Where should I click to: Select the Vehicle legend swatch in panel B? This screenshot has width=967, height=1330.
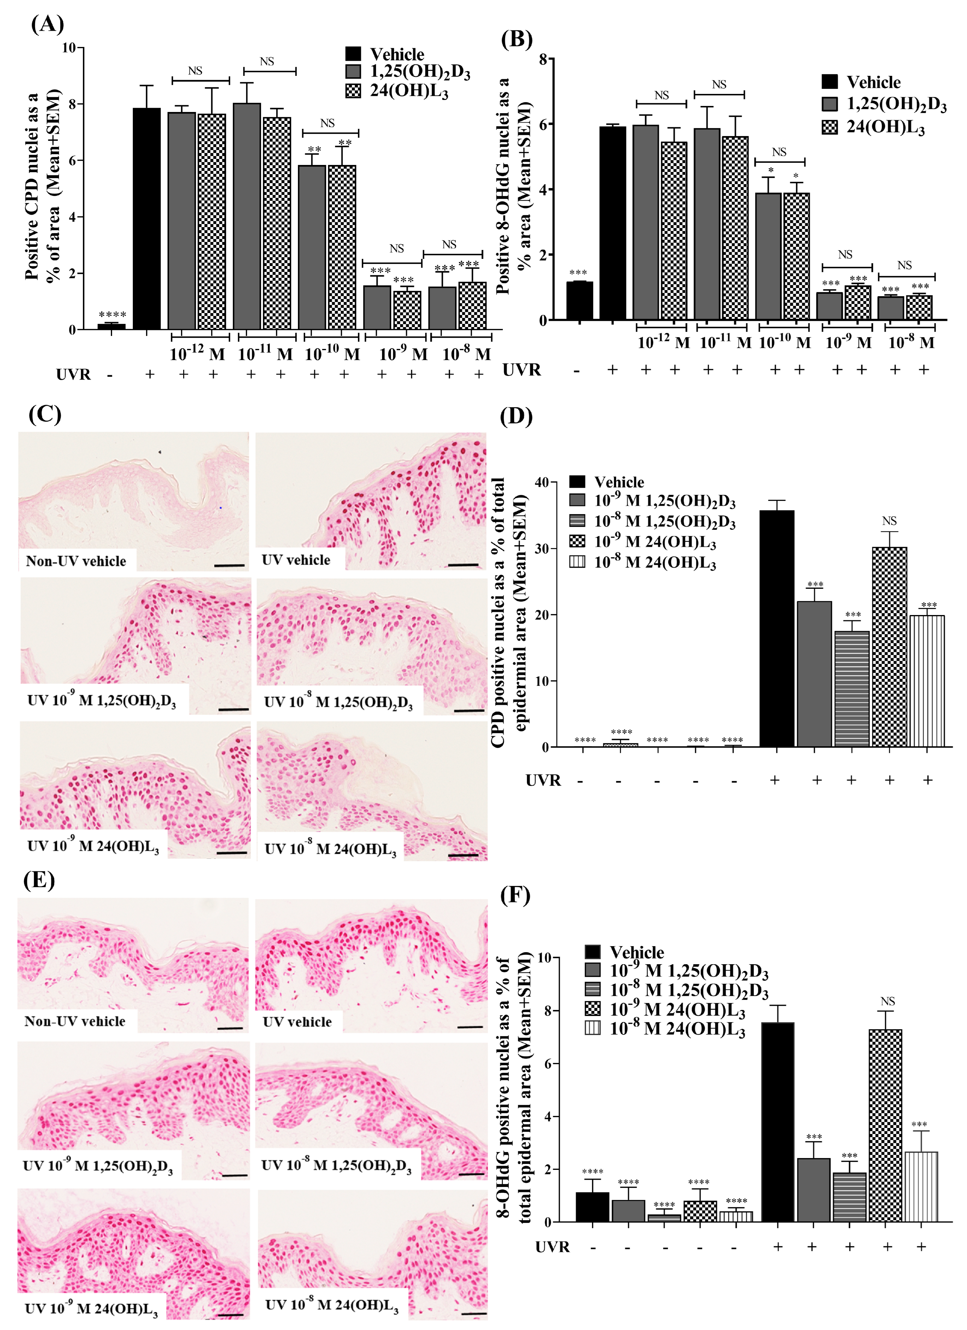click(829, 82)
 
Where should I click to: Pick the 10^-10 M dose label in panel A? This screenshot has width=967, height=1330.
click(332, 354)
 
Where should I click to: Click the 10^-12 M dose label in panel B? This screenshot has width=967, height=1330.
click(663, 342)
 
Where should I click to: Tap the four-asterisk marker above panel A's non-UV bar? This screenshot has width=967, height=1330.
click(112, 315)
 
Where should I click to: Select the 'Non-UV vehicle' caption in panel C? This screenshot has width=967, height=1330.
click(76, 561)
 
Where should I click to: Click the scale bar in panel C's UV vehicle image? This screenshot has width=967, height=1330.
click(463, 565)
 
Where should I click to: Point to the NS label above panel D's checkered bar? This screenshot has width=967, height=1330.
click(889, 521)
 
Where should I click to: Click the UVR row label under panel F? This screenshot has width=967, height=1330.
click(552, 1247)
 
